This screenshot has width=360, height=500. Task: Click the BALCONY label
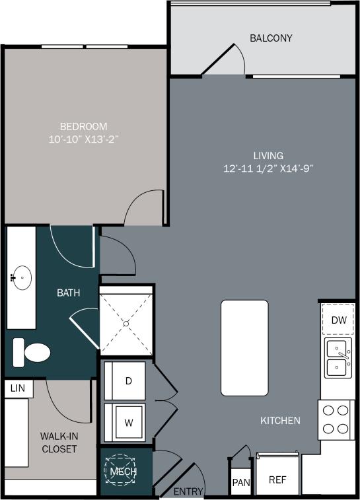(x=271, y=38)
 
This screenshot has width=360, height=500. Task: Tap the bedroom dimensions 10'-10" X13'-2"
(x=83, y=139)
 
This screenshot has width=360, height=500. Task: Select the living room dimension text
(x=268, y=168)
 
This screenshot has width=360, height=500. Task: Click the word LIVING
(x=268, y=156)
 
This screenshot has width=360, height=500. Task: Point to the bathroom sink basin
(x=22, y=278)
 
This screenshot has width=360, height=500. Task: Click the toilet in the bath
(x=33, y=352)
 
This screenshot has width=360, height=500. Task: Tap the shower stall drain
(x=126, y=323)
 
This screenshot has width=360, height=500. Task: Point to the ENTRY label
(x=188, y=492)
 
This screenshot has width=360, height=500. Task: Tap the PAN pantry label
(x=241, y=483)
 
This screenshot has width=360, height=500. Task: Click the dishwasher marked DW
(x=339, y=320)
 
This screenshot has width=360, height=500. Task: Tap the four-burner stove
(x=336, y=419)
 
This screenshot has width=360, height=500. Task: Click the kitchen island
(x=244, y=347)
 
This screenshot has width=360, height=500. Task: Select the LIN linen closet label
(x=18, y=388)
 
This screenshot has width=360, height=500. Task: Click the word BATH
(x=68, y=292)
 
